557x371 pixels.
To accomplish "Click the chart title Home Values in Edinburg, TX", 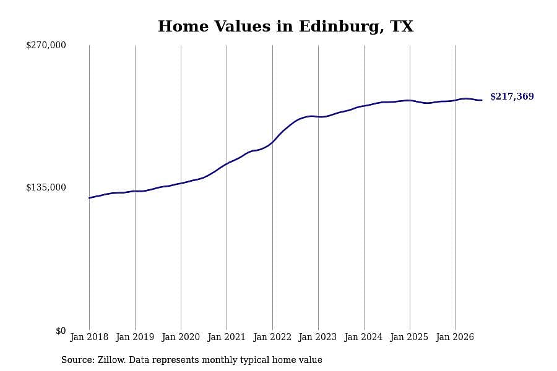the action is (x=285, y=27).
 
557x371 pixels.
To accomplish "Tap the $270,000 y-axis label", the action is (x=46, y=45).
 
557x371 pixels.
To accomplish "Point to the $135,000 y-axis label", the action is (x=46, y=187).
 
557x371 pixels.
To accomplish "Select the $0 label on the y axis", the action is (x=61, y=331).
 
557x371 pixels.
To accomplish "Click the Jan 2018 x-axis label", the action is (x=89, y=337).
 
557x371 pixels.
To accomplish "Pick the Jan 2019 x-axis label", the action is (x=135, y=337).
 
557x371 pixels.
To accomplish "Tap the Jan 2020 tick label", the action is (x=181, y=337).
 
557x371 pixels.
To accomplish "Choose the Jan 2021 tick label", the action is (x=227, y=337).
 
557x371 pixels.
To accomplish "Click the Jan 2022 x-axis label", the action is (x=272, y=337).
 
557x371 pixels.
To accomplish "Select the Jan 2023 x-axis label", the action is (x=318, y=337).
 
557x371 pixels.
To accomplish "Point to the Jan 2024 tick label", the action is (x=364, y=337).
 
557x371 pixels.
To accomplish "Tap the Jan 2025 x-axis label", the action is (x=410, y=337).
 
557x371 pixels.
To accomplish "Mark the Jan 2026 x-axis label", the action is (x=455, y=337).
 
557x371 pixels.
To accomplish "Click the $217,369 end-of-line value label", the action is (x=512, y=96).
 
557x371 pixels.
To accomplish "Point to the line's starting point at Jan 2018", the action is (x=89, y=198).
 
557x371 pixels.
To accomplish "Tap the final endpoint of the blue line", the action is (x=481, y=100).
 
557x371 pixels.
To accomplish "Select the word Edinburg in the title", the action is (x=341, y=27).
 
